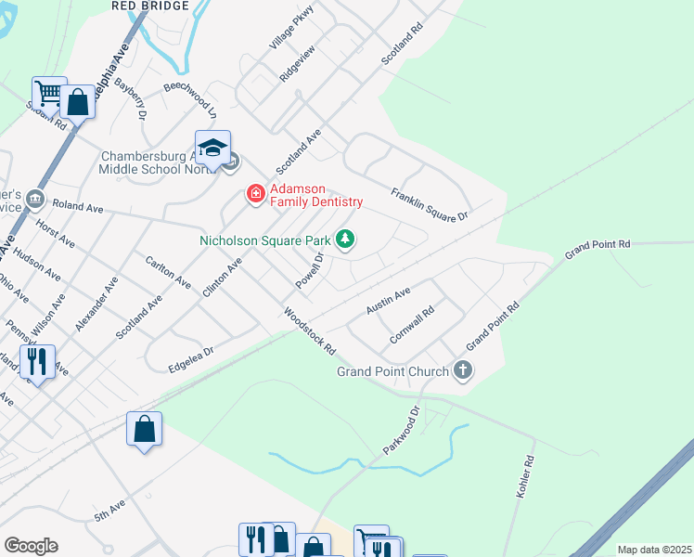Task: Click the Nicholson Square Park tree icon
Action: (345, 240)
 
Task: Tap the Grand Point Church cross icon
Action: (462, 371)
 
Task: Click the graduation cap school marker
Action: (212, 149)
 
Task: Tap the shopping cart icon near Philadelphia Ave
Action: (48, 93)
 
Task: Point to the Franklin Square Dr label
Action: (430, 204)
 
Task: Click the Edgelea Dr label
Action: (191, 357)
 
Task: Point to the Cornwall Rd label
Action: (412, 326)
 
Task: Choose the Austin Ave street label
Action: (388, 300)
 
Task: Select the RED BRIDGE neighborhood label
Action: (149, 6)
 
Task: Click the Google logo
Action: (31, 546)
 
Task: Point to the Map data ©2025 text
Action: (654, 550)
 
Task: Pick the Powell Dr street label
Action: (309, 271)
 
